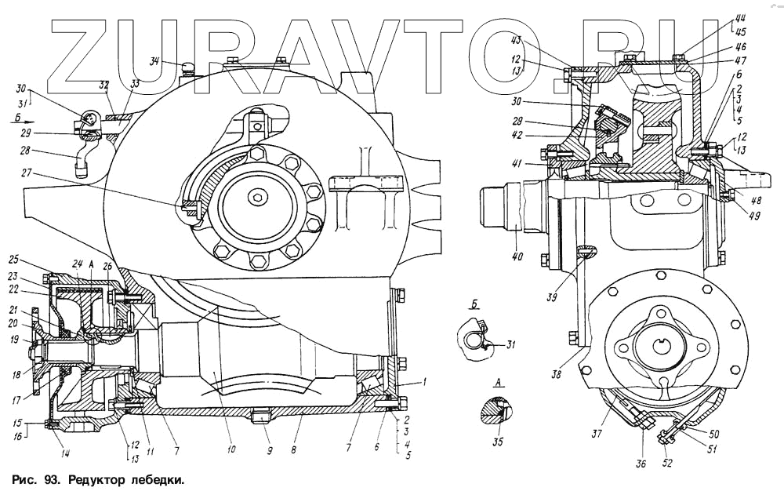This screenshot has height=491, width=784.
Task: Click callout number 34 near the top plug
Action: point(154,61)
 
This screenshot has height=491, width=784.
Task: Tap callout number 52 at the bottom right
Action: point(666,464)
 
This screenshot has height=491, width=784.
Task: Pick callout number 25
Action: point(34,260)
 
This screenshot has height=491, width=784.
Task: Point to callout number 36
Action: point(641,464)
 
